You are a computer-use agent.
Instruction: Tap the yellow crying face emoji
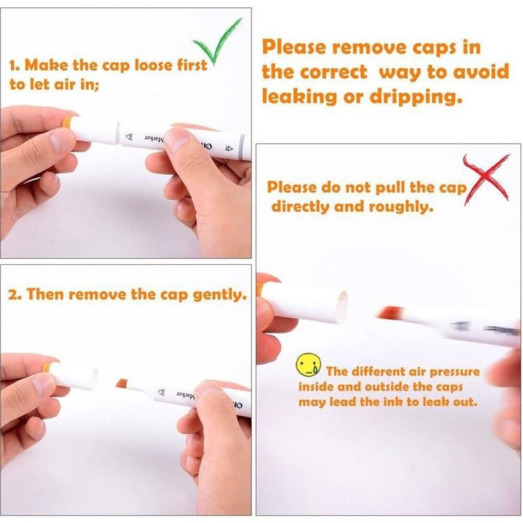coord(309,365)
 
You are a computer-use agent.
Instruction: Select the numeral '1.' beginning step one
coord(15,66)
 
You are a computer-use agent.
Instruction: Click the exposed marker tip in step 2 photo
coord(122,383)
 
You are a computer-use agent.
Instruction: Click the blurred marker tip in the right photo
coord(389,313)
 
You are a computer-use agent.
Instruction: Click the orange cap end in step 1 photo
coord(68,122)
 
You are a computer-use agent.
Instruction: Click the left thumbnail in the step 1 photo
coord(60,142)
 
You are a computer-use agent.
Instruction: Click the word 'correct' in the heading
coord(334,72)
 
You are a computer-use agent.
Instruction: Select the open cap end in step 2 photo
coord(95,379)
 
